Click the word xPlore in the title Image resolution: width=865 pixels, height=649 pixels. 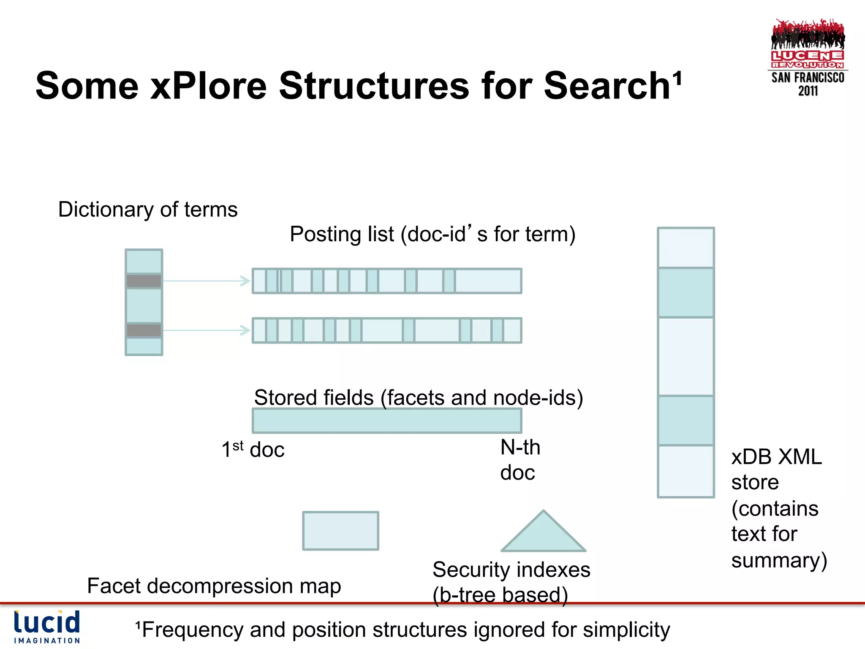tap(209, 86)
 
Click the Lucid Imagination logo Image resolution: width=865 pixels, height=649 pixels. tap(47, 627)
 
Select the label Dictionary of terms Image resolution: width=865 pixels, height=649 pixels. tap(148, 210)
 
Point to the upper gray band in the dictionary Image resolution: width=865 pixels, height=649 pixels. tap(144, 281)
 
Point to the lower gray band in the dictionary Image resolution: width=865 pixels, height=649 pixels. tap(144, 330)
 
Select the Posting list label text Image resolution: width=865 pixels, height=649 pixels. tap(432, 234)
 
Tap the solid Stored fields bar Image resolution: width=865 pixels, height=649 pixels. tap(387, 421)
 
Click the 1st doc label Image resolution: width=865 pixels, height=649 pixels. tap(253, 450)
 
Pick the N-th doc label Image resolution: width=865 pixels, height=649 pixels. tap(520, 460)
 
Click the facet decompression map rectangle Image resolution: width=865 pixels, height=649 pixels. tap(340, 531)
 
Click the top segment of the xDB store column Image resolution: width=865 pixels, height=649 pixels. tap(686, 248)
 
